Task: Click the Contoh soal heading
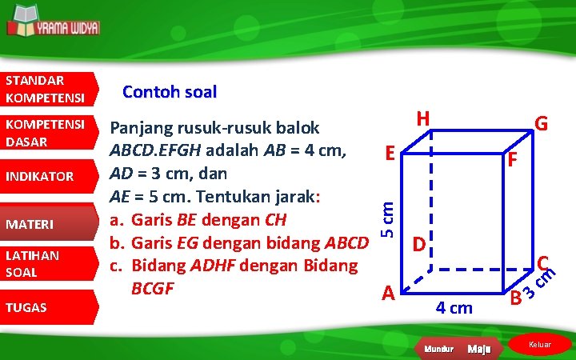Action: tap(169, 92)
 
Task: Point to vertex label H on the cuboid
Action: tap(424, 118)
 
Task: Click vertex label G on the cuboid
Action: tap(542, 124)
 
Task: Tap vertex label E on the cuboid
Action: tap(388, 152)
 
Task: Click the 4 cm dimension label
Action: tap(454, 307)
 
